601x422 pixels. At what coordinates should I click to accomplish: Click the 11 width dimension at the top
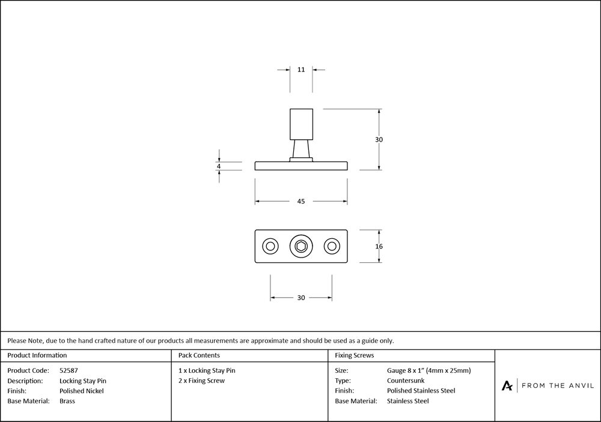click(301, 70)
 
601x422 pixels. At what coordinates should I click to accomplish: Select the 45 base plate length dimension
click(301, 202)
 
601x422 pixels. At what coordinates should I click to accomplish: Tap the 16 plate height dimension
click(379, 246)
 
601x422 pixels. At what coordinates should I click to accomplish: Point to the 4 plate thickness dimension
click(219, 166)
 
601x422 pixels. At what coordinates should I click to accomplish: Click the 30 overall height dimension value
click(379, 139)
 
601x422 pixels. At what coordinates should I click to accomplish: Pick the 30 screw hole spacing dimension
click(301, 298)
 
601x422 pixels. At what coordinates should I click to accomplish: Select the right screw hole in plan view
click(332, 246)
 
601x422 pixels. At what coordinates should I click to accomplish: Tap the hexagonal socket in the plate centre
click(301, 246)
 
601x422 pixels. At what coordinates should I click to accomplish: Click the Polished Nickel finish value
click(82, 391)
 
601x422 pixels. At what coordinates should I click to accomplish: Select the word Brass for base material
click(67, 401)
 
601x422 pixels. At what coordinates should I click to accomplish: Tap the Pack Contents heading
click(199, 355)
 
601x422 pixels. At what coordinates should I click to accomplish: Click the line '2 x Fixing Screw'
click(202, 381)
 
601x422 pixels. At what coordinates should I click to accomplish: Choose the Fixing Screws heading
click(355, 355)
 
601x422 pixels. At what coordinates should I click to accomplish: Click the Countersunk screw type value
click(406, 381)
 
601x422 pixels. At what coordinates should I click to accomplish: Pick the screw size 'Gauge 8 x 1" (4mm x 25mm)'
click(429, 370)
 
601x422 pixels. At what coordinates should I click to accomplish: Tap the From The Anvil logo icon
click(508, 385)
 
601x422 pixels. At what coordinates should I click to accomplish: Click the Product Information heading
click(37, 355)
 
